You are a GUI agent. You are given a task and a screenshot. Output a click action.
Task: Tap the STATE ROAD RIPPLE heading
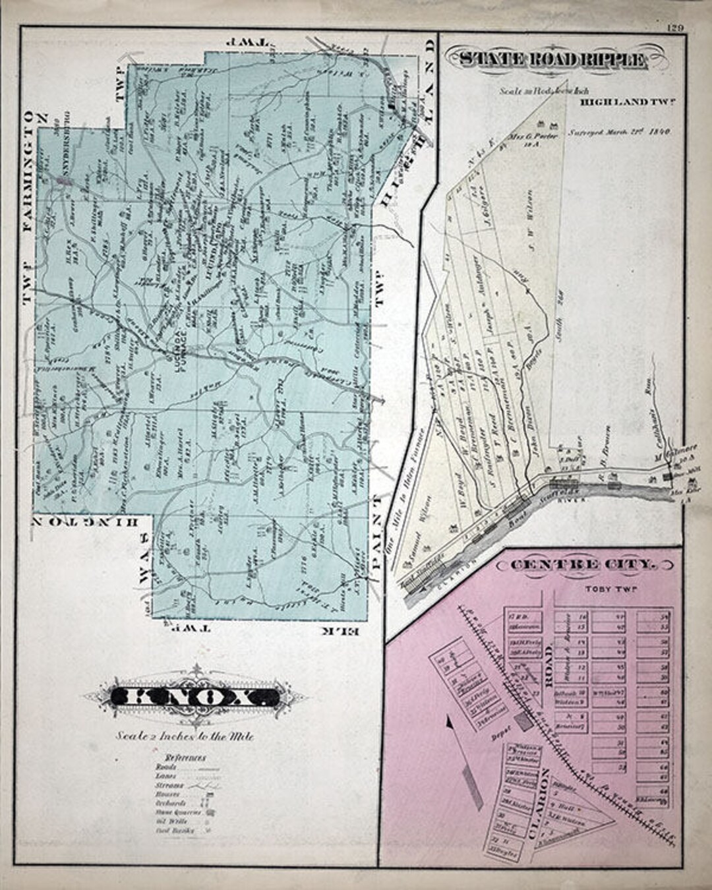tap(552, 60)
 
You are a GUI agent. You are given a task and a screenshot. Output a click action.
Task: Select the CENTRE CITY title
tap(584, 564)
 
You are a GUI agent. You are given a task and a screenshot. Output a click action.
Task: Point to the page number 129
tap(673, 27)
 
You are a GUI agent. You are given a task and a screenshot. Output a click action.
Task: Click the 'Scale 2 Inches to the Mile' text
tap(185, 736)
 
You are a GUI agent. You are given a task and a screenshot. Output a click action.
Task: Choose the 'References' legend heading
tap(185, 757)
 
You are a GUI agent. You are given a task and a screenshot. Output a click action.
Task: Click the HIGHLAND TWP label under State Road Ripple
tap(626, 102)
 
